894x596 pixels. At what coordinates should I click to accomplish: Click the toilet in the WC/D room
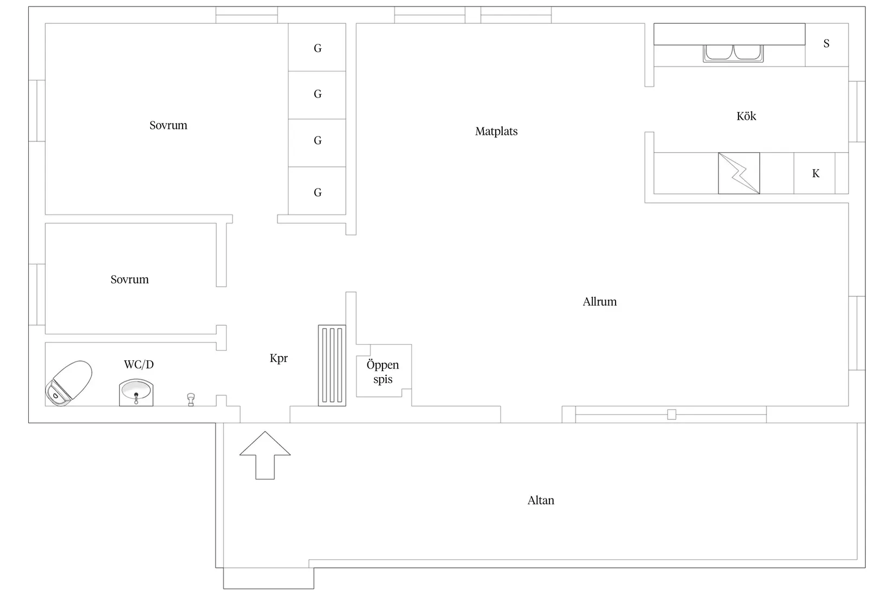pyautogui.click(x=68, y=383)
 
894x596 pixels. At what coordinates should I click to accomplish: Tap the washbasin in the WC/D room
pyautogui.click(x=136, y=392)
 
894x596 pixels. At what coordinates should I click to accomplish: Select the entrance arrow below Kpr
pyautogui.click(x=265, y=455)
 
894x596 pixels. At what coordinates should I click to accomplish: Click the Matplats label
pyautogui.click(x=496, y=131)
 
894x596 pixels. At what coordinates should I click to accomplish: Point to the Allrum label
pyautogui.click(x=599, y=302)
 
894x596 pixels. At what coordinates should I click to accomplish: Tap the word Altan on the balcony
pyautogui.click(x=541, y=500)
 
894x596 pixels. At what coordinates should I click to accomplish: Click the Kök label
pyautogui.click(x=746, y=116)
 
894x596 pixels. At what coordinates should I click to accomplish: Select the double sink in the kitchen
pyautogui.click(x=733, y=54)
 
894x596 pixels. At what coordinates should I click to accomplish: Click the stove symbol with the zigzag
pyautogui.click(x=738, y=173)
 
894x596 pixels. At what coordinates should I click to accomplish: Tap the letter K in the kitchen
pyautogui.click(x=816, y=173)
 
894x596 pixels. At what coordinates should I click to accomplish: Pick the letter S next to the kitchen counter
pyautogui.click(x=827, y=43)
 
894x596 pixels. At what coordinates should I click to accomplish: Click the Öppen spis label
pyautogui.click(x=383, y=372)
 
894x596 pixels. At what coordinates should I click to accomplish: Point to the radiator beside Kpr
pyautogui.click(x=332, y=365)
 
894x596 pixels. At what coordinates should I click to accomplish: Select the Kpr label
pyautogui.click(x=278, y=359)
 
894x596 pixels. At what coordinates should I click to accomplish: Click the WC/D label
pyautogui.click(x=139, y=365)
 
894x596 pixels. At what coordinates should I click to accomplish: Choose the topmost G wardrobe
pyautogui.click(x=318, y=48)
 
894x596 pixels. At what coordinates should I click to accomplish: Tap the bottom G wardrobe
pyautogui.click(x=318, y=191)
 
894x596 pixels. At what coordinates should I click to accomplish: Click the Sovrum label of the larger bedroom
pyautogui.click(x=168, y=125)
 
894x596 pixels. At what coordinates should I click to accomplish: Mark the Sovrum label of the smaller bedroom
pyautogui.click(x=129, y=280)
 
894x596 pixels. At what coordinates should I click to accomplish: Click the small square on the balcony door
pyautogui.click(x=672, y=414)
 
